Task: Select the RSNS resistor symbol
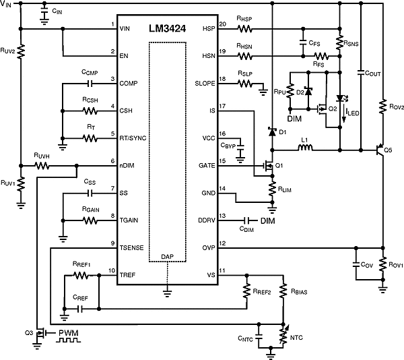[339, 43]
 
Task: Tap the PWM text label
[69, 332]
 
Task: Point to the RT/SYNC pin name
[133, 138]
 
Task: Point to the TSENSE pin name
[133, 247]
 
